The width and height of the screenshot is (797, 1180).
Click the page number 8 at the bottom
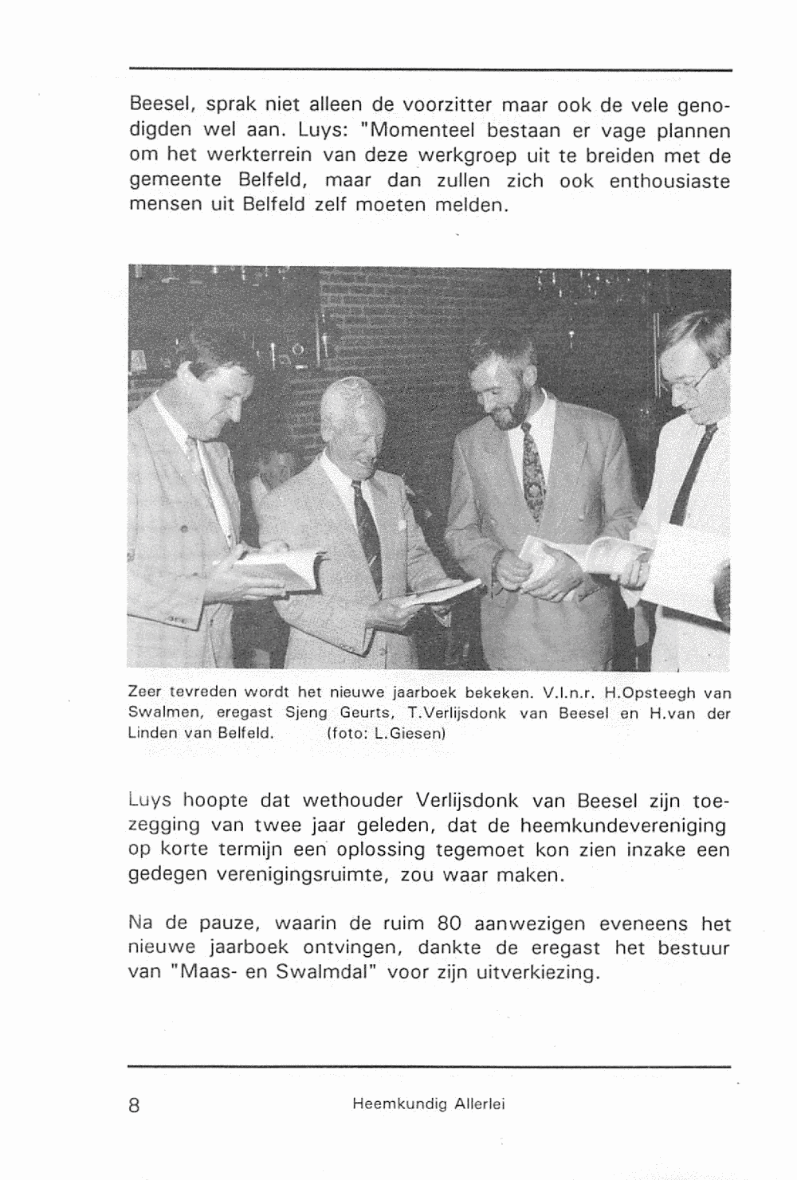point(134,1105)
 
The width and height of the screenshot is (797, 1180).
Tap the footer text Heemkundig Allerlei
point(429,1104)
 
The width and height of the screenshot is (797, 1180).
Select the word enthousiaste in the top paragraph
point(669,181)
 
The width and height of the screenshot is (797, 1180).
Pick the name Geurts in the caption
point(368,712)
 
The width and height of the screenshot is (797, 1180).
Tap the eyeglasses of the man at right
point(699,378)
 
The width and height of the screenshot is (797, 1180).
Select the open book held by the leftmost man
point(275,570)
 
